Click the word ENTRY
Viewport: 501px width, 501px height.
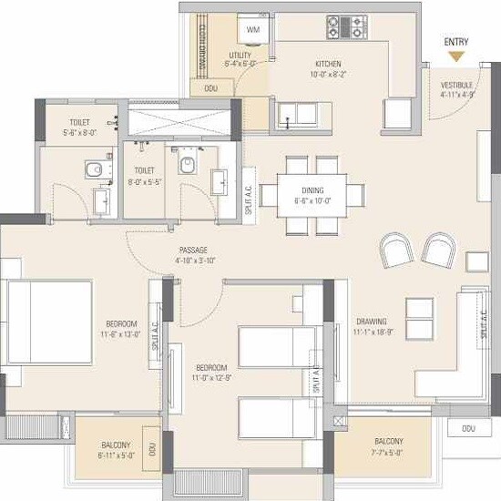click(456, 42)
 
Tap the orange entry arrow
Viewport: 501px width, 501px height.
click(456, 57)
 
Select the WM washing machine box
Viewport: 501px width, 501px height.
click(252, 30)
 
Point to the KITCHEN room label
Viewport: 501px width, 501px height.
click(328, 64)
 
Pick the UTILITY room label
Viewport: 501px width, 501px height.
click(240, 56)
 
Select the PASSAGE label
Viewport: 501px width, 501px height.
click(192, 250)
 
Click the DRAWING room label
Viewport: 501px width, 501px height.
click(371, 322)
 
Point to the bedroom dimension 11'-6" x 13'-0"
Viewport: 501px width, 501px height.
click(120, 333)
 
